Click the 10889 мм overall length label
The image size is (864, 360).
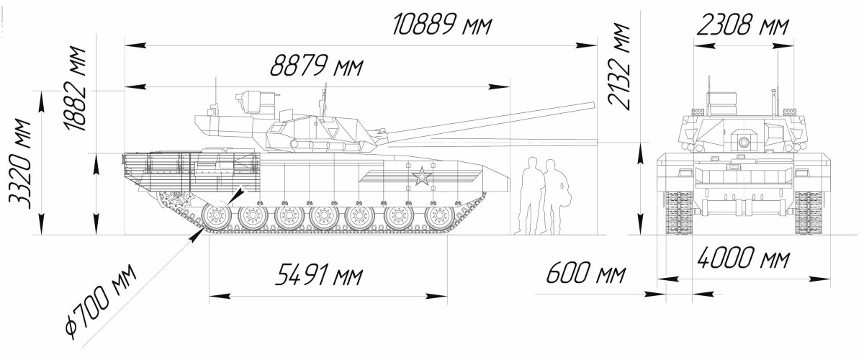click(442, 24)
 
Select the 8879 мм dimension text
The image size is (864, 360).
click(316, 65)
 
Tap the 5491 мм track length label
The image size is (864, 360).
click(318, 274)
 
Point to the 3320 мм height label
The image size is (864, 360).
click(19, 163)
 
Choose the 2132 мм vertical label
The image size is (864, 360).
click(618, 67)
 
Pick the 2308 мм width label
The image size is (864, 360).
click(742, 25)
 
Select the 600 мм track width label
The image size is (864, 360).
click(585, 272)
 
